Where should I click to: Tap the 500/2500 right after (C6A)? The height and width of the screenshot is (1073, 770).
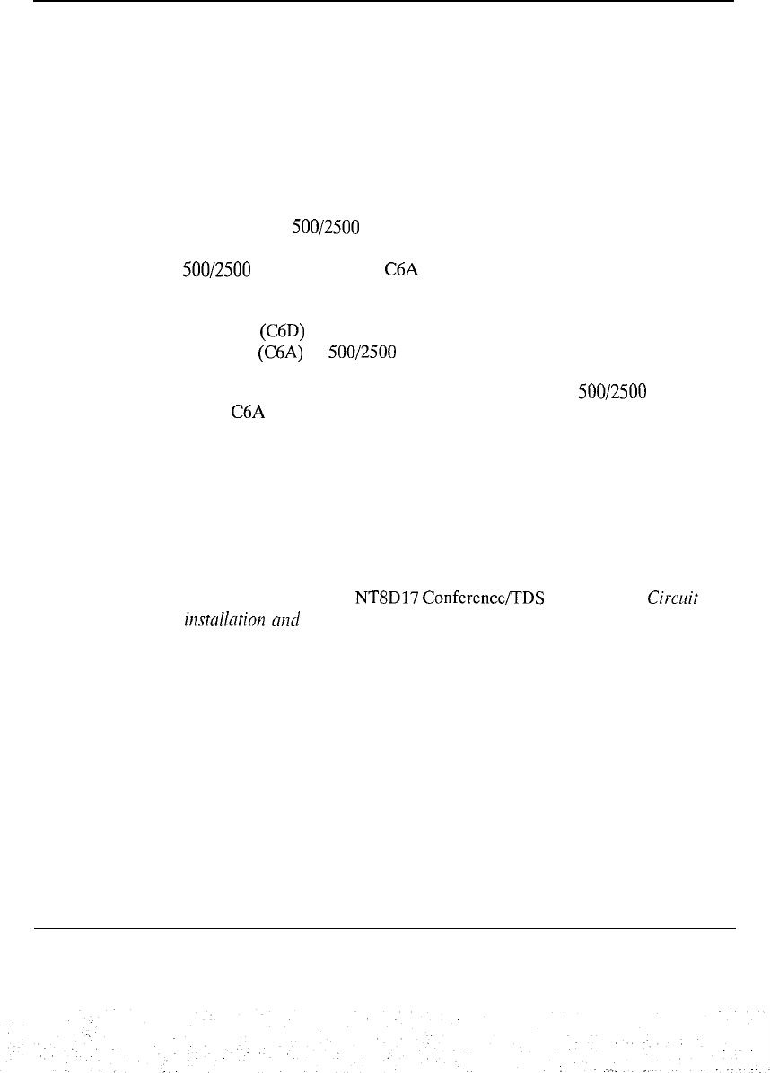363,354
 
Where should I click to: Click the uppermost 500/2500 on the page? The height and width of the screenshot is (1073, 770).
326,229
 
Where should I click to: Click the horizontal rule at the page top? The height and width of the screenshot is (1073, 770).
384,1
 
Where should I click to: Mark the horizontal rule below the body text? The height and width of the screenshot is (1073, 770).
384,928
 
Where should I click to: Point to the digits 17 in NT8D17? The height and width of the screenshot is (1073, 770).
402,594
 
